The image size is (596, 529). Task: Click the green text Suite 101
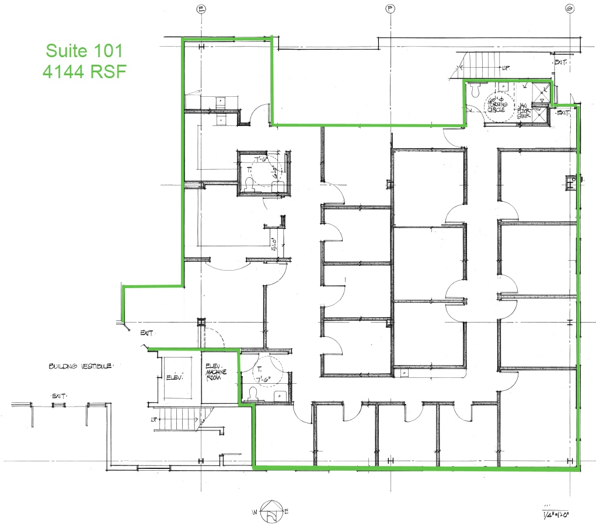(84, 50)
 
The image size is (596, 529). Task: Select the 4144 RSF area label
(84, 71)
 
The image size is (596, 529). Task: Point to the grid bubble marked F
(389, 8)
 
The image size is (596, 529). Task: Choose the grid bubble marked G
(569, 8)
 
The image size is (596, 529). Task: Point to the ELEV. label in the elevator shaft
(176, 377)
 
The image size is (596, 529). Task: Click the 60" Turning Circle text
(497, 103)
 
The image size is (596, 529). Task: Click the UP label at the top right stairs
(505, 68)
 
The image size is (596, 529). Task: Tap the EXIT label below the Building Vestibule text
(58, 396)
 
